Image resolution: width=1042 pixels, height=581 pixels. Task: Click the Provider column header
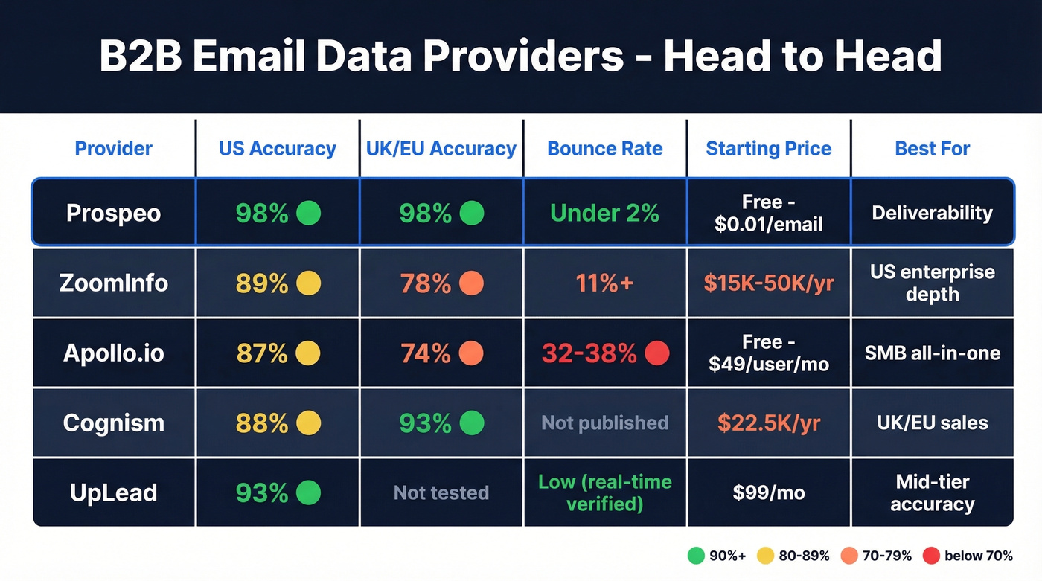pos(113,149)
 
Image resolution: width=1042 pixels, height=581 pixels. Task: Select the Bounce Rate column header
pos(604,149)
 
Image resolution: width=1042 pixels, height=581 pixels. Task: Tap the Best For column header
pos(932,149)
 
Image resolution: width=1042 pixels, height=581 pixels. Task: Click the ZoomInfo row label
pos(113,283)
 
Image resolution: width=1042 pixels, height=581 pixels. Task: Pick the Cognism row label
pos(113,423)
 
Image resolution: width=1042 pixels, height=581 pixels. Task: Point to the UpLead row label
pos(113,492)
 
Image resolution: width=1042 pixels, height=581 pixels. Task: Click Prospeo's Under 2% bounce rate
pos(604,214)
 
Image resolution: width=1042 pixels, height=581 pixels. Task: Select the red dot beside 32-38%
pos(657,353)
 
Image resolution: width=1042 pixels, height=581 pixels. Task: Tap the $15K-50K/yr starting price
pos(768,283)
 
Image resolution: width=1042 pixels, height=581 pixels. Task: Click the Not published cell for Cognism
pos(604,423)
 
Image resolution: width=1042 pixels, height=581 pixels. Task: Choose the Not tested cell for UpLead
pos(441,492)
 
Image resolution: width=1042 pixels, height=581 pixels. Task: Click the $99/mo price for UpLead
pos(768,492)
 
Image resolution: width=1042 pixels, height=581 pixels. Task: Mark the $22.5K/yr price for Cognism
pos(768,423)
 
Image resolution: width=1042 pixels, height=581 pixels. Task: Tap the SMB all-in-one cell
pos(932,353)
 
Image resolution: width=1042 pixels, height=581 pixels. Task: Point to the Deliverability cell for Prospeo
pos(932,214)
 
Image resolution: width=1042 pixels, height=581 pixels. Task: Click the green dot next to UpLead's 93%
pos(308,492)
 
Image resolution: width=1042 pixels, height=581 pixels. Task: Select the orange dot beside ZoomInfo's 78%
pos(472,283)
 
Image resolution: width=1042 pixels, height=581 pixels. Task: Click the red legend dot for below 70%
pos(931,556)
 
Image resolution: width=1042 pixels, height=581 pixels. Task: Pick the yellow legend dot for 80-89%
pos(764,556)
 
